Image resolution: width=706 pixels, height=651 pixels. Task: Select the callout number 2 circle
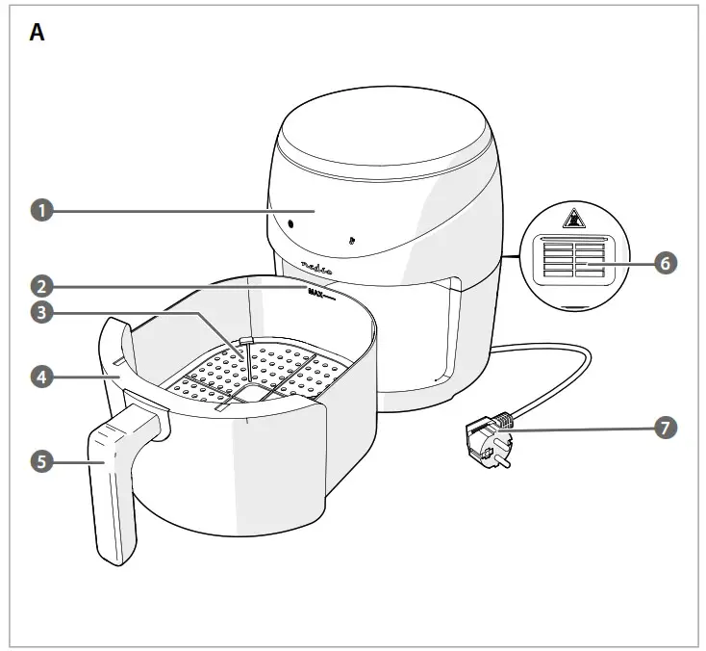(x=40, y=285)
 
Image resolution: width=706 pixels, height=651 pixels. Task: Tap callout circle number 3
(x=40, y=312)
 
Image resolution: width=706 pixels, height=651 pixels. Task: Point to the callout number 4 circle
(x=40, y=378)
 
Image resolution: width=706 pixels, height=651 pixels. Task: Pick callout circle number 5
(x=40, y=462)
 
